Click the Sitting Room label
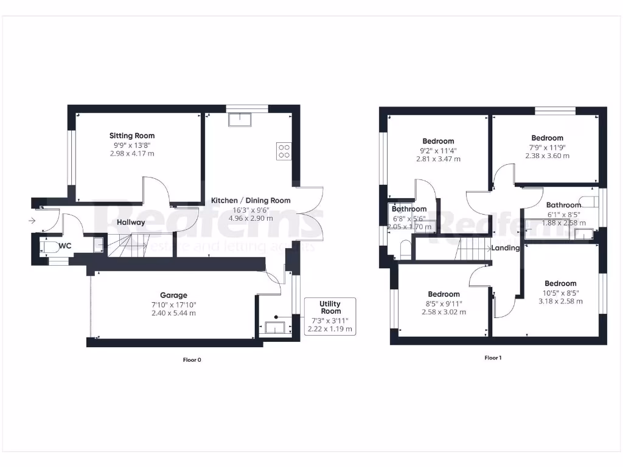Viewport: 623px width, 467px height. pos(132,136)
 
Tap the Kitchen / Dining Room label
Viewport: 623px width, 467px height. pos(251,200)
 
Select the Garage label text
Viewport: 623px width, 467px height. pos(174,296)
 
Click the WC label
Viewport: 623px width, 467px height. pos(65,247)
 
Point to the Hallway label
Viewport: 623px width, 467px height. pos(131,223)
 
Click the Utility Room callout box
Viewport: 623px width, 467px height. pos(330,316)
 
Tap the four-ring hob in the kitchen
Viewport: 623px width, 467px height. pos(284,150)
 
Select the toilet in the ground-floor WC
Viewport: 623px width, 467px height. pos(48,247)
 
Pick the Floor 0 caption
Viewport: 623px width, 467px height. pos(192,360)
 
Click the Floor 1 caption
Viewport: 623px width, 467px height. pos(493,358)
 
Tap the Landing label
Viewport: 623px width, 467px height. pos(506,248)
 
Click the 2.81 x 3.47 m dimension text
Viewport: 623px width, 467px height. pos(438,159)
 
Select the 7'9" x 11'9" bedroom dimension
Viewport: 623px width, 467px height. pos(547,147)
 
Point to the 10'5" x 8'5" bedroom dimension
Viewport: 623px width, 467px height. pos(560,292)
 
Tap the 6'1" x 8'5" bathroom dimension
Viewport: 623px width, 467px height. pos(563,214)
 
